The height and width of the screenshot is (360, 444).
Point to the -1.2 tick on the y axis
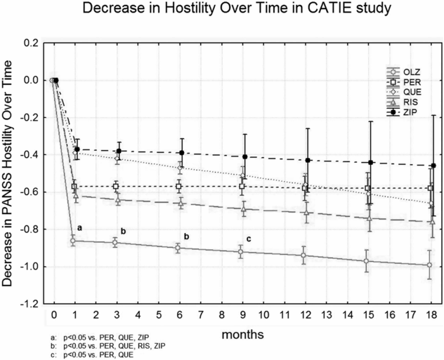click(x=30, y=304)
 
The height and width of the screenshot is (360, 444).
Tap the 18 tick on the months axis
click(x=433, y=313)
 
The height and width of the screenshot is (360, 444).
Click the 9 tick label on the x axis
click(x=243, y=313)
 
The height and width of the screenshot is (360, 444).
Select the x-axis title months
click(x=242, y=335)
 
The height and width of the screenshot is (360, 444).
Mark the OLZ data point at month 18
click(x=433, y=265)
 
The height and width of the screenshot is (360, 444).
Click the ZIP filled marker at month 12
click(x=306, y=161)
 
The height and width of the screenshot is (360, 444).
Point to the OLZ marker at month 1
click(x=74, y=241)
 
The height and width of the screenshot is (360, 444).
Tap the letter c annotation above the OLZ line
click(x=248, y=239)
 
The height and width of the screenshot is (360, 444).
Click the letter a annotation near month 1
click(x=79, y=227)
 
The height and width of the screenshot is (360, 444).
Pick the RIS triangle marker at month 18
click(x=433, y=222)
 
